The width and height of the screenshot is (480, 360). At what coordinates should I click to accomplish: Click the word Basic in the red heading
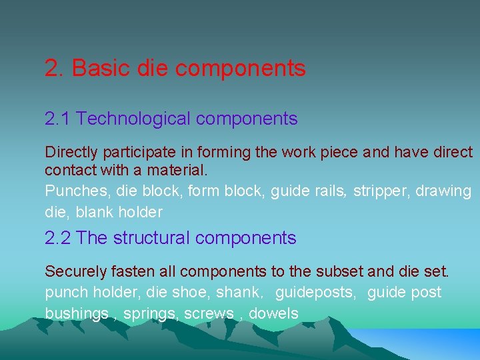tap(101, 68)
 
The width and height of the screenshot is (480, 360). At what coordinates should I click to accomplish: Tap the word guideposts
tap(317, 293)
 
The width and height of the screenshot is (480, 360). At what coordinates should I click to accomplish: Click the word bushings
tap(77, 314)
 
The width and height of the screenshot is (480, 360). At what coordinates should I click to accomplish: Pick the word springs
tap(151, 314)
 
